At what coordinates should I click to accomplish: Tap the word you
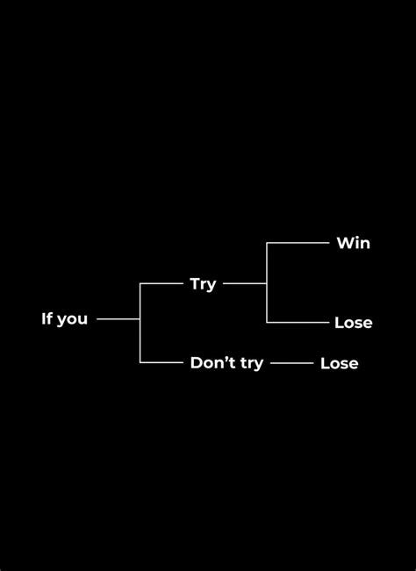point(71,319)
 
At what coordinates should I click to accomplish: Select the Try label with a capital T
point(203,284)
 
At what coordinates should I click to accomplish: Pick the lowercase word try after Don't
point(250,363)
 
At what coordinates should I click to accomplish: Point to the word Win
point(353,243)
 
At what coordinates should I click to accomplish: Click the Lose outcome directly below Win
point(353,323)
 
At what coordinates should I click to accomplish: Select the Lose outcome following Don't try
point(339,363)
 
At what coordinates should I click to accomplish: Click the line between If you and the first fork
point(118,319)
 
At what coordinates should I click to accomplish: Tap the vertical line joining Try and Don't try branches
point(140,338)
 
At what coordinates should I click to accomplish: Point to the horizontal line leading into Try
point(161,284)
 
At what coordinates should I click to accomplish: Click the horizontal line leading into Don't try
point(161,361)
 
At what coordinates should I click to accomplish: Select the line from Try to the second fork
point(244,284)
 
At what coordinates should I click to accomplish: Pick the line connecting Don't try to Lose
point(291,362)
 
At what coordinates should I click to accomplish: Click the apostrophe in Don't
point(228,358)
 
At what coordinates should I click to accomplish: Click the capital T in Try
point(195,283)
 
